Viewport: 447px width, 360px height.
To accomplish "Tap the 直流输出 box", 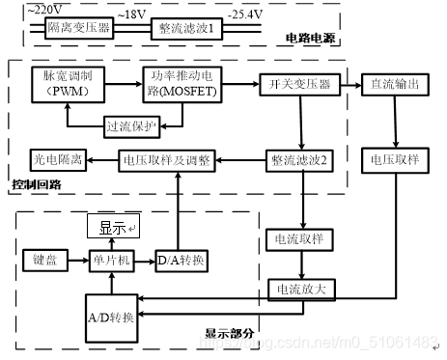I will (x=394, y=84).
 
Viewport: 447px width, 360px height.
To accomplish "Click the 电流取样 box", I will (x=297, y=238).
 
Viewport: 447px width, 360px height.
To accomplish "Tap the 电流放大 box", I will (x=297, y=287).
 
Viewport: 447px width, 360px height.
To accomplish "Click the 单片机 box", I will (x=112, y=260).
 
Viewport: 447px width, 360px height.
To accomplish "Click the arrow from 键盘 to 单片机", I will (x=78, y=260).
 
